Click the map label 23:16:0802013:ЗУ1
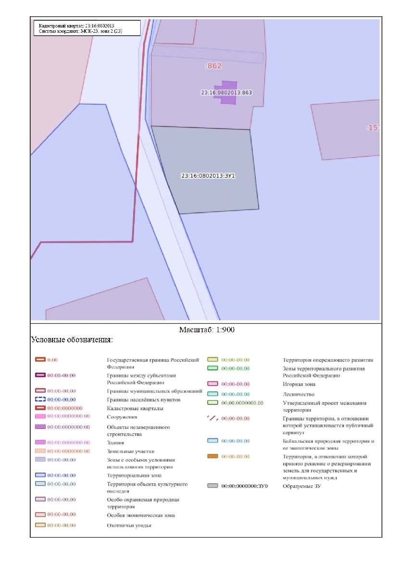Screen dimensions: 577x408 pyautogui.click(x=208, y=176)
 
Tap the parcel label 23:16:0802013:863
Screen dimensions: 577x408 pyautogui.click(x=226, y=92)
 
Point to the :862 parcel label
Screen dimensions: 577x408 pyautogui.click(x=212, y=66)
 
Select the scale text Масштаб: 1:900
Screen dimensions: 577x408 pyautogui.click(x=207, y=330)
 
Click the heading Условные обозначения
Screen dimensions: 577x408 pyautogui.click(x=72, y=340)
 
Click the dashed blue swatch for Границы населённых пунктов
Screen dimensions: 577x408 pyautogui.click(x=40, y=400)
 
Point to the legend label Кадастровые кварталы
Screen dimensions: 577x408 pyautogui.click(x=135, y=408)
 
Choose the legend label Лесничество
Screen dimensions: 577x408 pyautogui.click(x=298, y=394)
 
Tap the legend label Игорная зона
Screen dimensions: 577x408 pyautogui.click(x=299, y=384)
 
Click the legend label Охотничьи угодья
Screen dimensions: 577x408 pyautogui.click(x=129, y=526)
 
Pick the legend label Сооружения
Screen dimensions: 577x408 pyautogui.click(x=122, y=417)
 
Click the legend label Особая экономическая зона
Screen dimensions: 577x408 pyautogui.click(x=141, y=515)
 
